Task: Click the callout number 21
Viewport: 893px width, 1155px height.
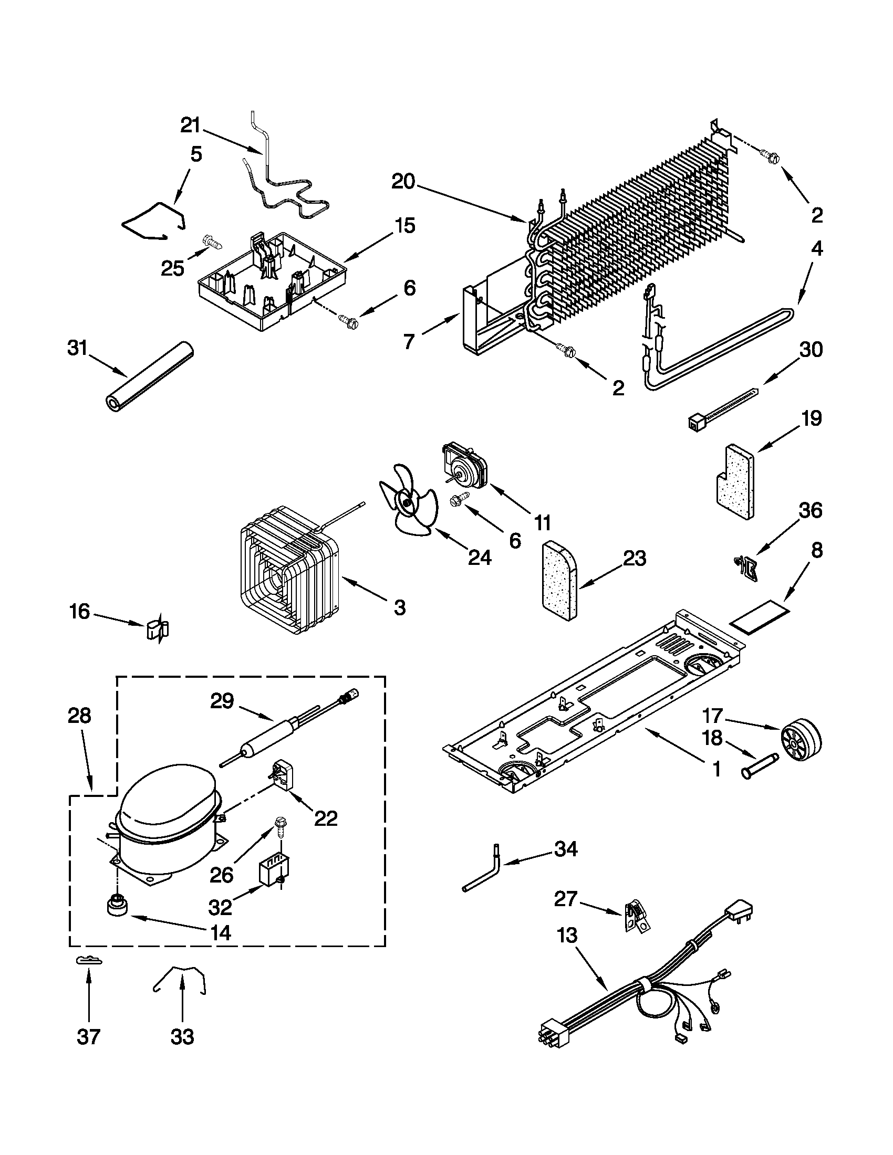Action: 191,126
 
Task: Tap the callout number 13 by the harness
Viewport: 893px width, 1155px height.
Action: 567,935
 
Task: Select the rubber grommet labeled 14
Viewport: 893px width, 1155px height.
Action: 117,906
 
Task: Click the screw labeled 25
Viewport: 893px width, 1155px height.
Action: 212,243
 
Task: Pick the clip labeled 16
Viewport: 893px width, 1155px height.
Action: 157,629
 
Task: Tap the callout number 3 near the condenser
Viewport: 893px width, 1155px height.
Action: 400,607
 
